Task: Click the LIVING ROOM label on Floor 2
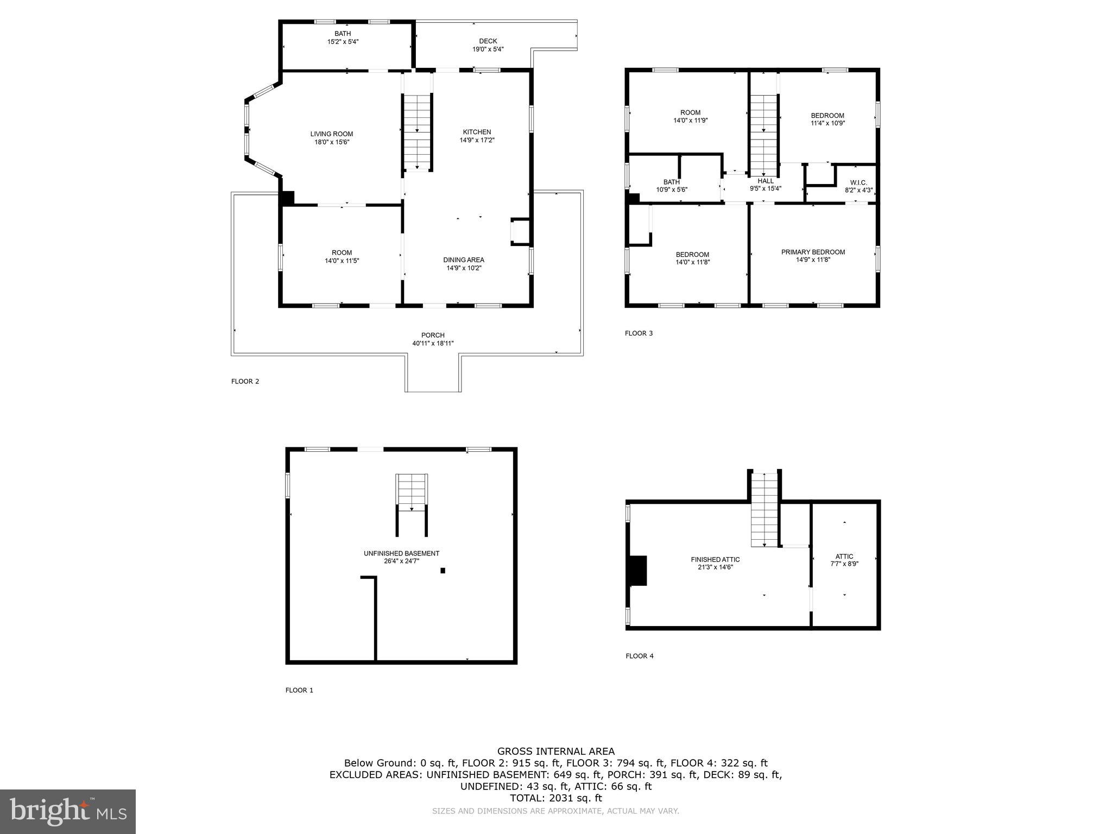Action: pos(331,134)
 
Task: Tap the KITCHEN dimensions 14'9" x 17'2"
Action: pos(477,140)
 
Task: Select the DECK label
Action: pos(488,41)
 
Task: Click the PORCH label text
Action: pos(433,335)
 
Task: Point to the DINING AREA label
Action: pos(464,260)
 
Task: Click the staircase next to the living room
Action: pos(417,133)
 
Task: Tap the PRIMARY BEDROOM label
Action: pos(813,252)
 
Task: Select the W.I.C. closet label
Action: pos(858,183)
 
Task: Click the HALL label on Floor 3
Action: pos(766,181)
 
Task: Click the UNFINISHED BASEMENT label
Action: pos(401,553)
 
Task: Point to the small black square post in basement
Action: pos(443,571)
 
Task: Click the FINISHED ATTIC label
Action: pos(715,559)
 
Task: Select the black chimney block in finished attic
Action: pos(638,571)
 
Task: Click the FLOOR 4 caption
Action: pos(639,656)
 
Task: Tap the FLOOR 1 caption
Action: pos(299,690)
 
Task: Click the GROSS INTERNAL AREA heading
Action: pos(556,751)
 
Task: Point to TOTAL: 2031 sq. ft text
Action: pos(556,798)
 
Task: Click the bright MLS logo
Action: pos(68,811)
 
